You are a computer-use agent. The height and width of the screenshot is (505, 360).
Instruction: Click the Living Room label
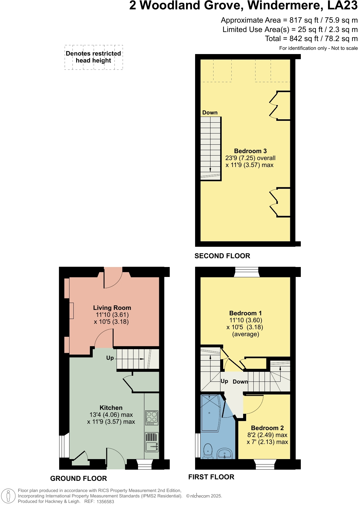112,308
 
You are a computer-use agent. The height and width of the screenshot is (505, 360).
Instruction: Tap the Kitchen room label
111,408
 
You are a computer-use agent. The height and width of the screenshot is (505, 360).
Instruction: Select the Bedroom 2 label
267,428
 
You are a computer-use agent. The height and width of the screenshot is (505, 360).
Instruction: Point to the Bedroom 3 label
250,151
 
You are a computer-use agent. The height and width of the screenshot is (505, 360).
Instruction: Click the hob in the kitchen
152,417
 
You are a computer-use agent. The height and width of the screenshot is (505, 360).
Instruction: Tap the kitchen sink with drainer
152,442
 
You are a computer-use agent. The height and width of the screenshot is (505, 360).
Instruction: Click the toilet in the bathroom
208,451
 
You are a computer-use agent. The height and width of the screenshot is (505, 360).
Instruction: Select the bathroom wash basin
224,453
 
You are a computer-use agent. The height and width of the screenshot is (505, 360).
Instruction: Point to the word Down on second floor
210,113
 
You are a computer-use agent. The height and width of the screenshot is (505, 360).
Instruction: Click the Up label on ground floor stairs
110,358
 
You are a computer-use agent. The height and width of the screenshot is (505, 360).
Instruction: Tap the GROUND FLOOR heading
79,478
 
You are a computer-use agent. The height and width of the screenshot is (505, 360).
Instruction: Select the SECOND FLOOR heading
222,256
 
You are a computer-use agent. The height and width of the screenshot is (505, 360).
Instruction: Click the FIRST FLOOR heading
211,477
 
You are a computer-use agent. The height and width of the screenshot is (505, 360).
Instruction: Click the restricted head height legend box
94,57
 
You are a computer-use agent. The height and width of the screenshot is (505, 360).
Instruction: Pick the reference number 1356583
105,502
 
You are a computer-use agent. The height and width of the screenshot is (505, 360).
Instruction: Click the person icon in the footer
8,496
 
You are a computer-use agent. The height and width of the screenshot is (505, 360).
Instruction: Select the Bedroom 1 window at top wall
247,272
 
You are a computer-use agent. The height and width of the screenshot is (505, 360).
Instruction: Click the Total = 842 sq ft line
311,39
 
